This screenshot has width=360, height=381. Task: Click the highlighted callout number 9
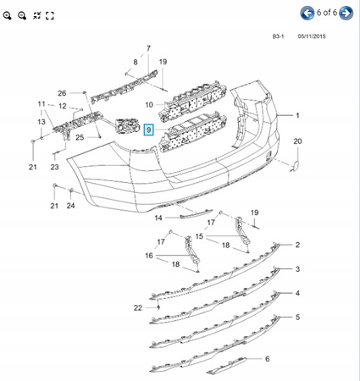[x=148, y=130]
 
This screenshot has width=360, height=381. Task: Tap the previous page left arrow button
[x=307, y=13]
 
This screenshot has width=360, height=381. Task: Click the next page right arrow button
[x=346, y=13]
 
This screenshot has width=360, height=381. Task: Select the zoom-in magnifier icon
[x=8, y=15]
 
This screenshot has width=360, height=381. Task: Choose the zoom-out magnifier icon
[x=22, y=15]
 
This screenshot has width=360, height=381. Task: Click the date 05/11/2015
[x=312, y=36]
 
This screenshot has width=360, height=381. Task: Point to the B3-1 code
[x=278, y=36]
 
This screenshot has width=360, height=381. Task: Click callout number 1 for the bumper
[x=297, y=115]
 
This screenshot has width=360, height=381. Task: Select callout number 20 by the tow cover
[x=297, y=141]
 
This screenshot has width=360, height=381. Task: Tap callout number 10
[x=149, y=105]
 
